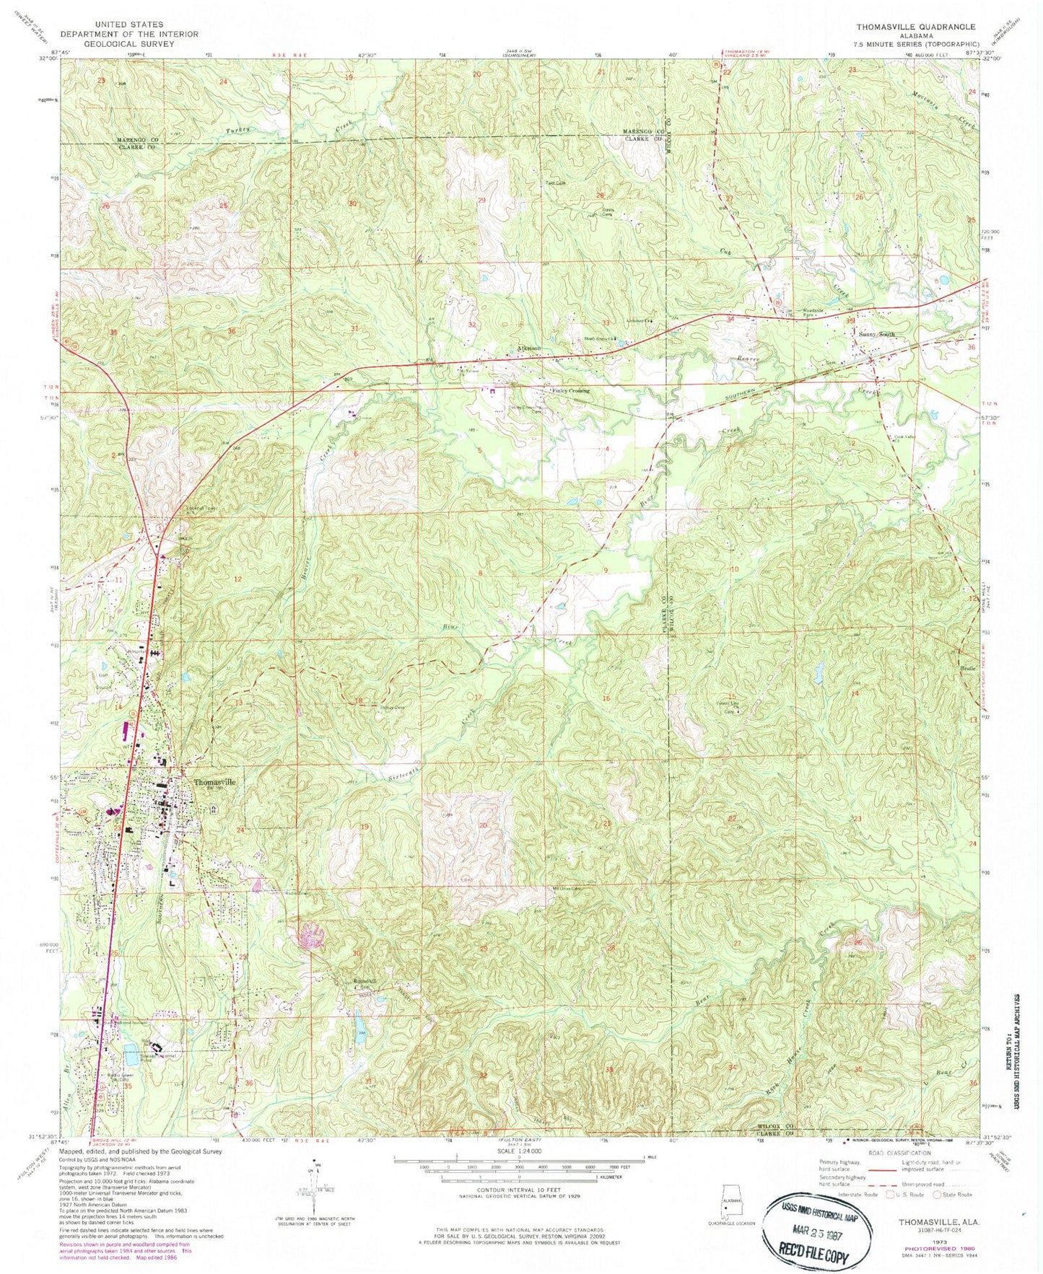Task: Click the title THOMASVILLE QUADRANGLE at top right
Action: coord(915,27)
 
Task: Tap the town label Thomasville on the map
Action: coord(214,782)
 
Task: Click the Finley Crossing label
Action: coord(571,390)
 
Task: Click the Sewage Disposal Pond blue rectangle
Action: coord(131,1055)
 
